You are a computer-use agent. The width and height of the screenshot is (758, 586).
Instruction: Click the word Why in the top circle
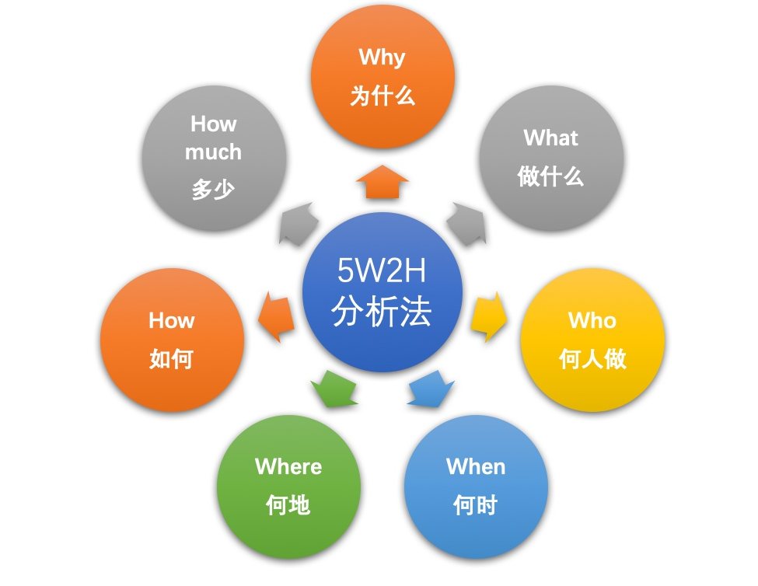point(382,58)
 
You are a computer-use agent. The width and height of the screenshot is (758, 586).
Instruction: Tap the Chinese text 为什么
point(382,96)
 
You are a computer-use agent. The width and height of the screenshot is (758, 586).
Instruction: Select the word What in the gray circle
point(550,138)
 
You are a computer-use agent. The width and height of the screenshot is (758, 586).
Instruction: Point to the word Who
point(592,320)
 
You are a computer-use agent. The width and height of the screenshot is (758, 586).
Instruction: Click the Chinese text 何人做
point(592,359)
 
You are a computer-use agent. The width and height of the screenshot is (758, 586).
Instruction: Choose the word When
point(476,466)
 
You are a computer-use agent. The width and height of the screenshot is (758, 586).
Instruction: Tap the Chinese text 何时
point(475,505)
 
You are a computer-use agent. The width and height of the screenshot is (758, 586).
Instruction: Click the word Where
point(288,466)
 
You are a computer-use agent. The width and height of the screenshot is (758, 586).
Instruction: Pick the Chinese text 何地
point(288,505)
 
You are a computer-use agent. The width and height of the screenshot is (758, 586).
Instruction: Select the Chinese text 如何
point(172,359)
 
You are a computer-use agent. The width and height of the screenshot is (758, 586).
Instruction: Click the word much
point(213,152)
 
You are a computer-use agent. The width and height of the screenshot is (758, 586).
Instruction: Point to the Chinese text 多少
point(213,189)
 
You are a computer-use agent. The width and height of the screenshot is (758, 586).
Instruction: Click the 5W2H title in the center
point(382,270)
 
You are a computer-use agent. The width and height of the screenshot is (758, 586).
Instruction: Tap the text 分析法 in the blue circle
point(382,312)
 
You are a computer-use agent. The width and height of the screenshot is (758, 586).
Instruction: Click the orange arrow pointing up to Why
point(382,182)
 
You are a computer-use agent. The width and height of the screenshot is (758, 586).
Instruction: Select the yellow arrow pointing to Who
point(489,317)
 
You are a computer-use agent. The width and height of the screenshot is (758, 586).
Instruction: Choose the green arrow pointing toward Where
point(334,389)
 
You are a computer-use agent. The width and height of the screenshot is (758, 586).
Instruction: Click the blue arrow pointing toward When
point(431,389)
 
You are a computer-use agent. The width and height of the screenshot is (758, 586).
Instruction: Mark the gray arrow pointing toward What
point(466,224)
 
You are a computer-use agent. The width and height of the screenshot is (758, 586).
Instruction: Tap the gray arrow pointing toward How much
point(299,224)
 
